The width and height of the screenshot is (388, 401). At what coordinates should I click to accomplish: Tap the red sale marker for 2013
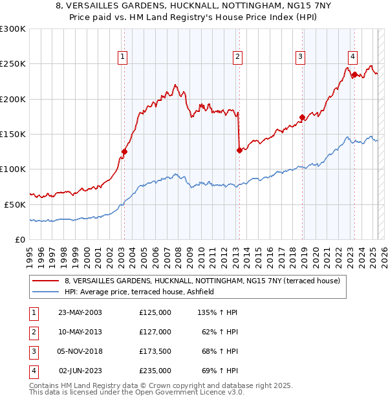click(x=239, y=150)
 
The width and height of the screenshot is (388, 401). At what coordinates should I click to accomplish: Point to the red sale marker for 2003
click(x=124, y=152)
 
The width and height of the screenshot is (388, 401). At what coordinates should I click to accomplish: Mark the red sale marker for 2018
click(x=302, y=118)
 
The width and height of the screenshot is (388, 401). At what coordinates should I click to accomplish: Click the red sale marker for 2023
click(x=354, y=74)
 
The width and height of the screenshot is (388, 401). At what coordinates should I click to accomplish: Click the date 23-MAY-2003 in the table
click(x=80, y=312)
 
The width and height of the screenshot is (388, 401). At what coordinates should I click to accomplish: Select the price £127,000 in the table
click(x=155, y=332)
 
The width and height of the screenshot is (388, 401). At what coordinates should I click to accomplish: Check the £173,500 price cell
click(x=155, y=351)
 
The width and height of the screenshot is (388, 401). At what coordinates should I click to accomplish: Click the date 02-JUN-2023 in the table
click(x=80, y=371)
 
